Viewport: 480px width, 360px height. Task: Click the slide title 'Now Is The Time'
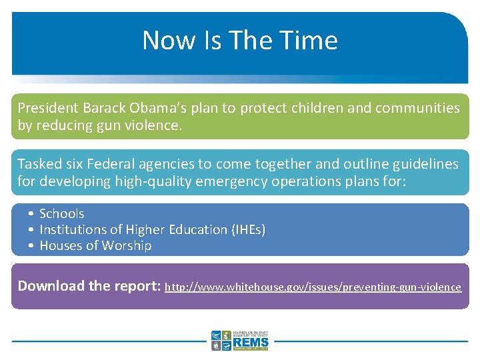pyautogui.click(x=240, y=40)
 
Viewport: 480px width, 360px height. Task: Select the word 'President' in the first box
pyautogui.click(x=47, y=108)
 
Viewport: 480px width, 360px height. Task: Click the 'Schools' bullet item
pyautogui.click(x=61, y=213)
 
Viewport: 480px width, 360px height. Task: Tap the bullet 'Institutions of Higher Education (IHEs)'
pyautogui.click(x=152, y=229)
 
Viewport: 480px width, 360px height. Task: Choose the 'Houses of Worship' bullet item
pyautogui.click(x=95, y=245)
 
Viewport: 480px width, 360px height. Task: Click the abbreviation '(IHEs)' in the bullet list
pyautogui.click(x=248, y=229)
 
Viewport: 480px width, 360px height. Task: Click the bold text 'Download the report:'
pyautogui.click(x=89, y=286)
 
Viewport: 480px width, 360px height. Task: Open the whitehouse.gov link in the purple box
pyautogui.click(x=313, y=287)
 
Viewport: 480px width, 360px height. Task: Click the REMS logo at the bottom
pyautogui.click(x=240, y=340)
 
